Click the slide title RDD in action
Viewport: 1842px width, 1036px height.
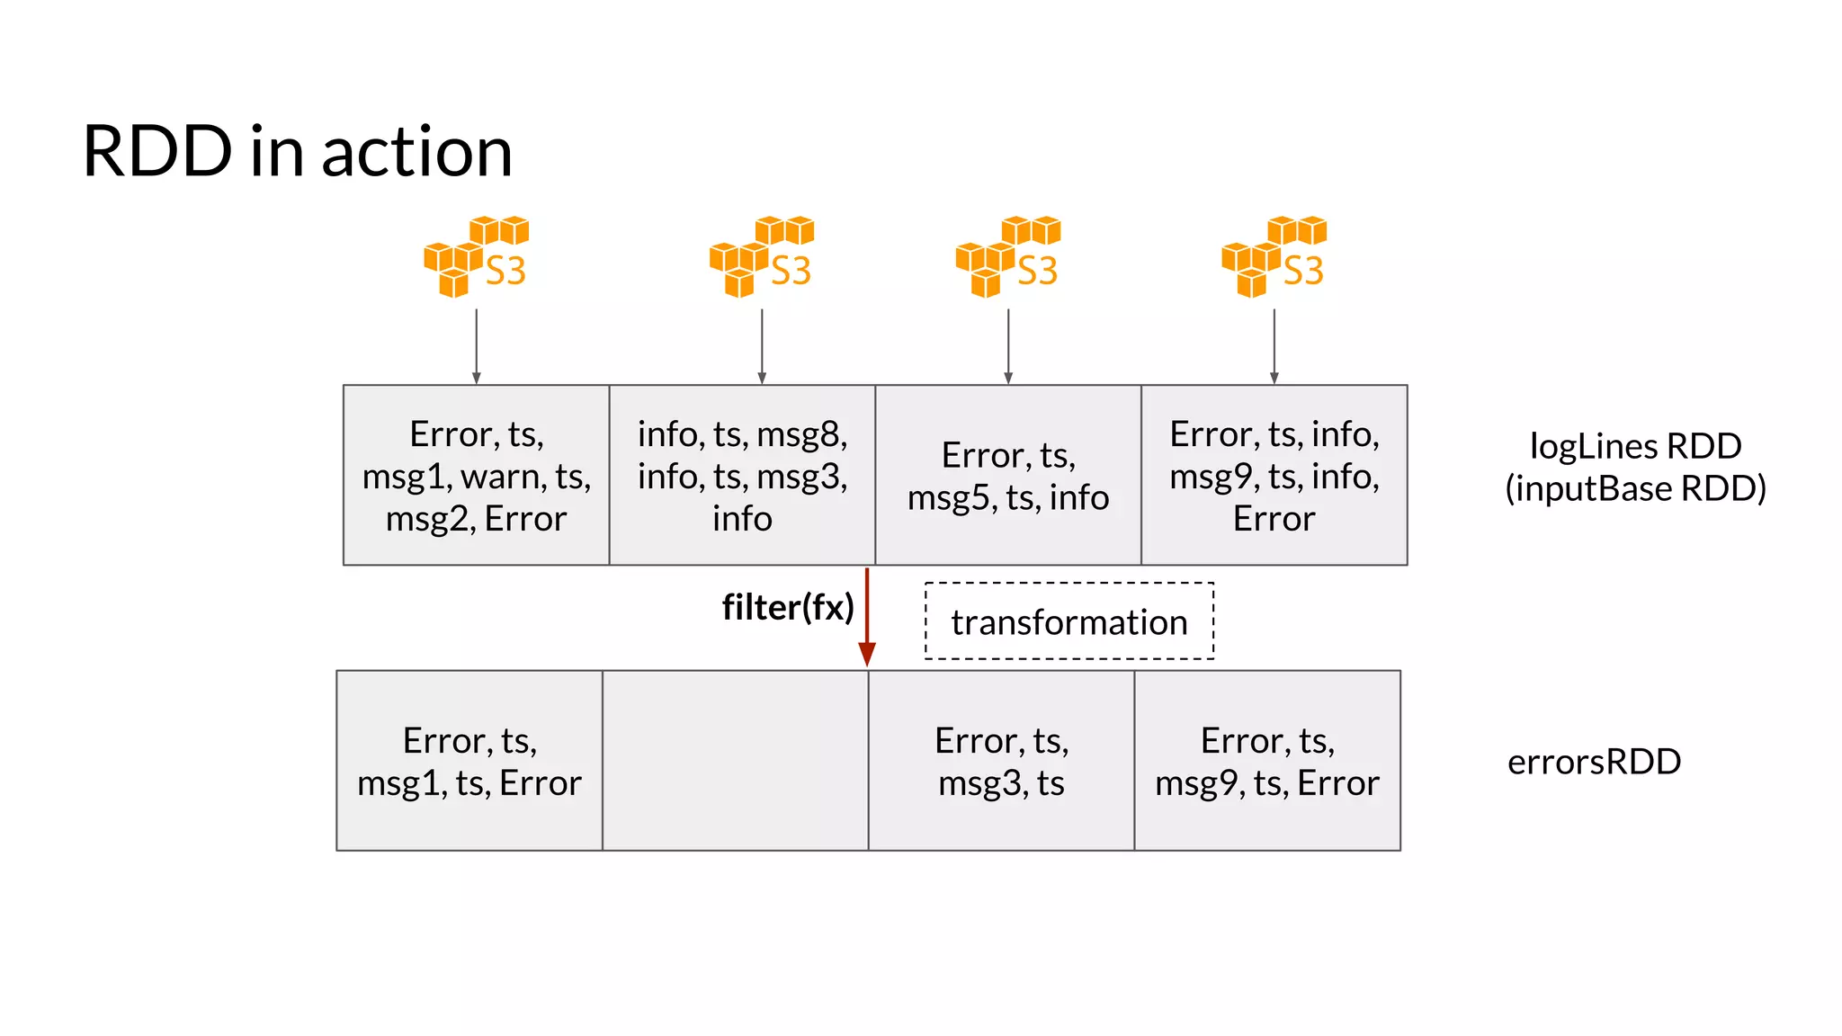(297, 151)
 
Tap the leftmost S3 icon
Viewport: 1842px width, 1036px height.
(476, 257)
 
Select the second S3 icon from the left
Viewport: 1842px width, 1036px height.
(762, 257)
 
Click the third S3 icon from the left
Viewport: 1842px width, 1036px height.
(1008, 257)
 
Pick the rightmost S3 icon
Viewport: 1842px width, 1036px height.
(1274, 257)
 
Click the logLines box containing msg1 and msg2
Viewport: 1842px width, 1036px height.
(476, 475)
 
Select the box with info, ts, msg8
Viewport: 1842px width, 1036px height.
(742, 475)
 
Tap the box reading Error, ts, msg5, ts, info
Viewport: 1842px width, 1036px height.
(1008, 475)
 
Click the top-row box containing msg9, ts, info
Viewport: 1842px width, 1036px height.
(1274, 475)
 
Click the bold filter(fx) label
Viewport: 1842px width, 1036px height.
(787, 607)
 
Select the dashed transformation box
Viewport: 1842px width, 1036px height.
(1069, 621)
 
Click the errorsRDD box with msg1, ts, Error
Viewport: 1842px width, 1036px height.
(469, 761)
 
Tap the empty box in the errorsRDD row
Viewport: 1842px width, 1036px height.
(735, 761)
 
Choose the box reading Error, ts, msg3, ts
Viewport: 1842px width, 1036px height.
(1001, 761)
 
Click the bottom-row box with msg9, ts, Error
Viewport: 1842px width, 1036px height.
(1267, 761)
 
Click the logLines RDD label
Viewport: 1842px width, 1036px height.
(1635, 467)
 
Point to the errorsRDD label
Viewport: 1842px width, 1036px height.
(1594, 762)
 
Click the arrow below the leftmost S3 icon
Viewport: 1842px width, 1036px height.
(476, 347)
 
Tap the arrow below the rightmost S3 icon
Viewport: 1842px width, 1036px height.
(1274, 347)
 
